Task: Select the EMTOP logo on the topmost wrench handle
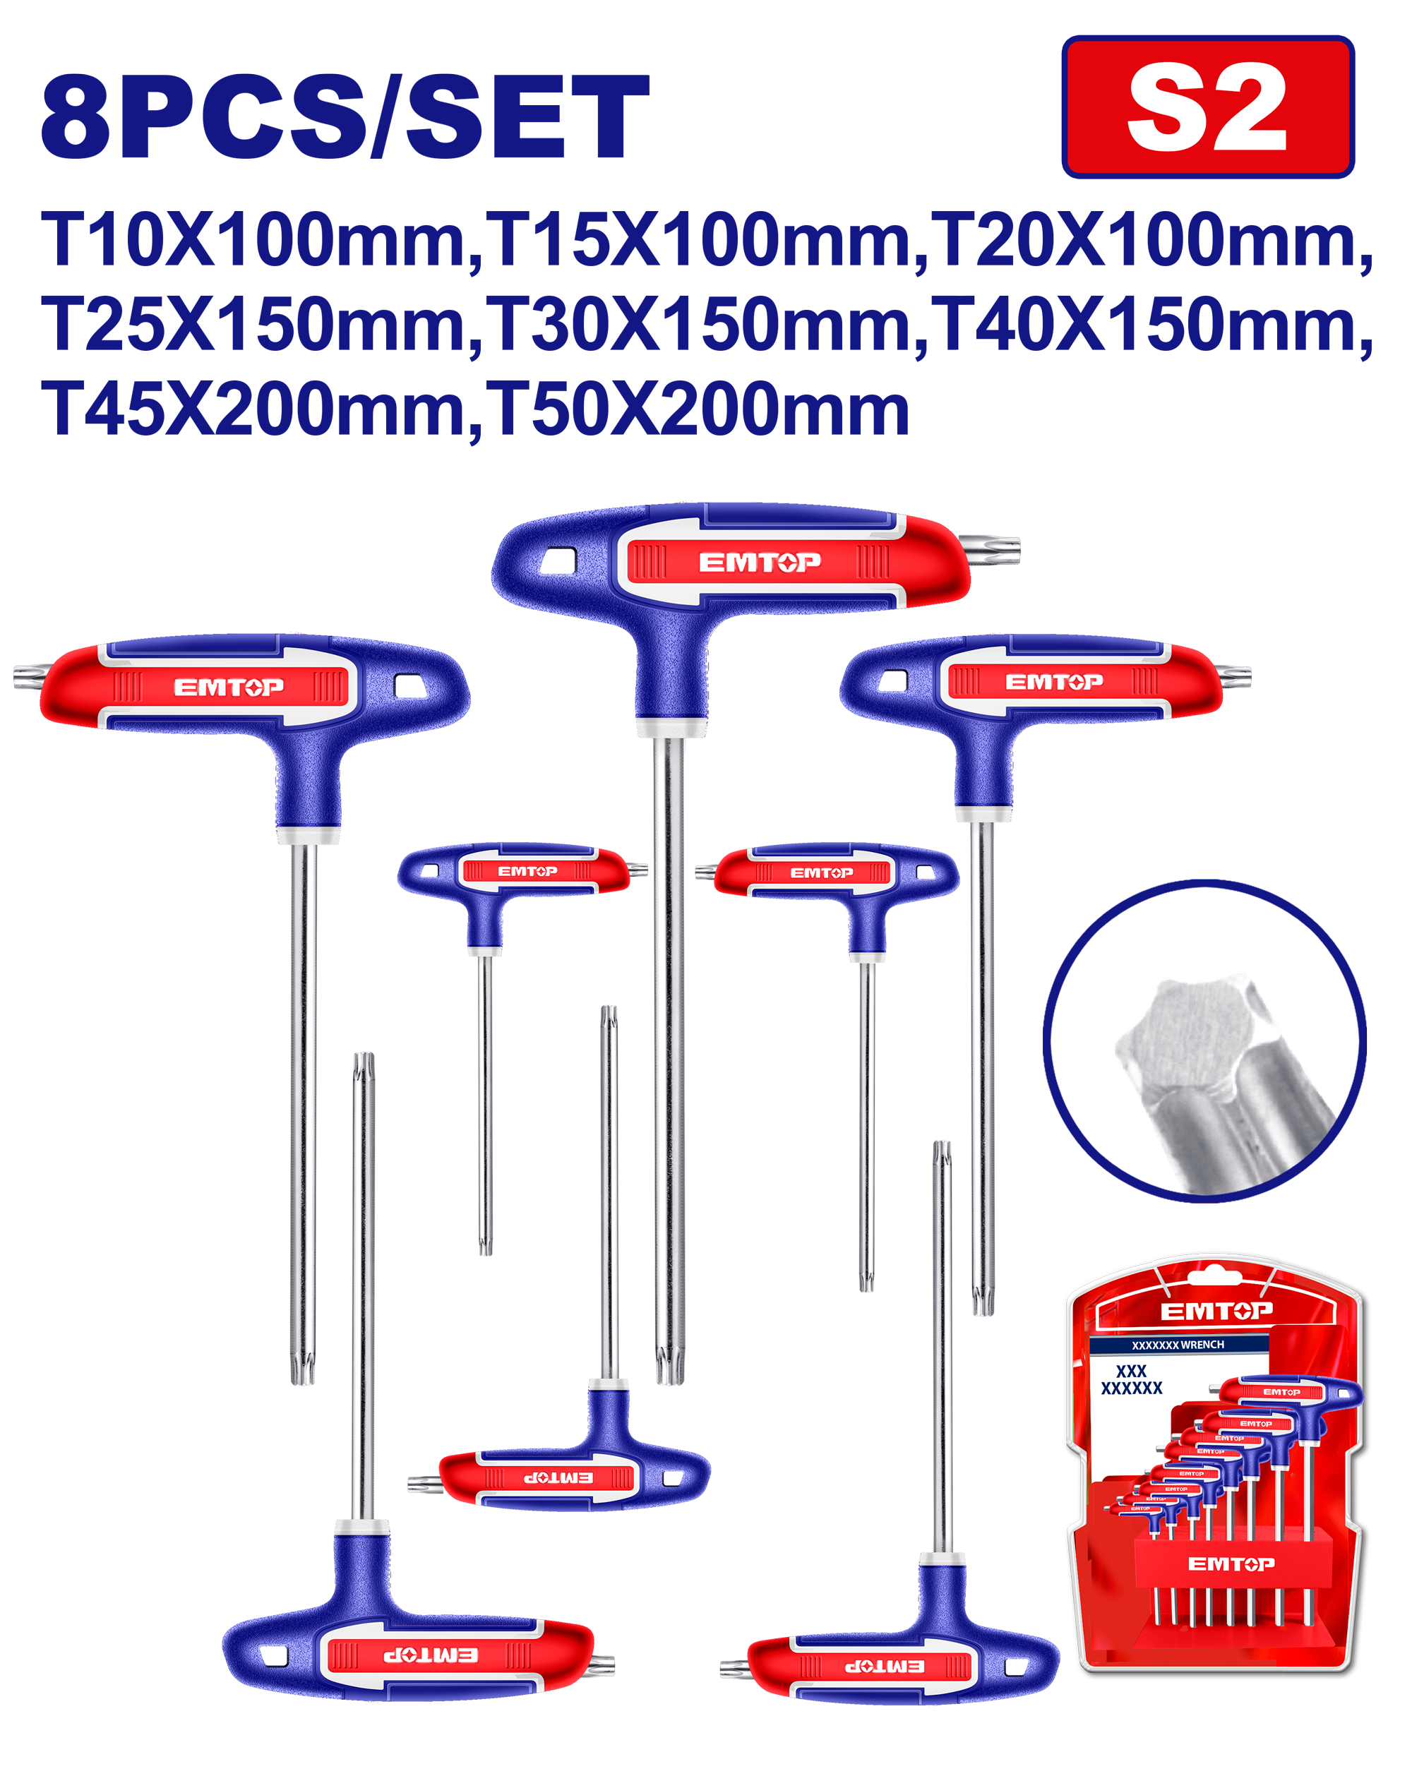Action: click(760, 562)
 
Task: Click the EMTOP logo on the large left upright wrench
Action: click(229, 687)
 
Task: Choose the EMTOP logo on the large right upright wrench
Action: click(1054, 682)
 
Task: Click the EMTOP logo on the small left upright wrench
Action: click(527, 871)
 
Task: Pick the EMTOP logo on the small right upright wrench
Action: click(822, 873)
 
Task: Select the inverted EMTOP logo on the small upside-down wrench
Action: click(557, 1477)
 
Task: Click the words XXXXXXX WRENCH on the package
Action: click(1178, 1345)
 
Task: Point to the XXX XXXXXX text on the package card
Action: click(1132, 1379)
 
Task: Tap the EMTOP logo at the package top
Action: click(1216, 1311)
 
